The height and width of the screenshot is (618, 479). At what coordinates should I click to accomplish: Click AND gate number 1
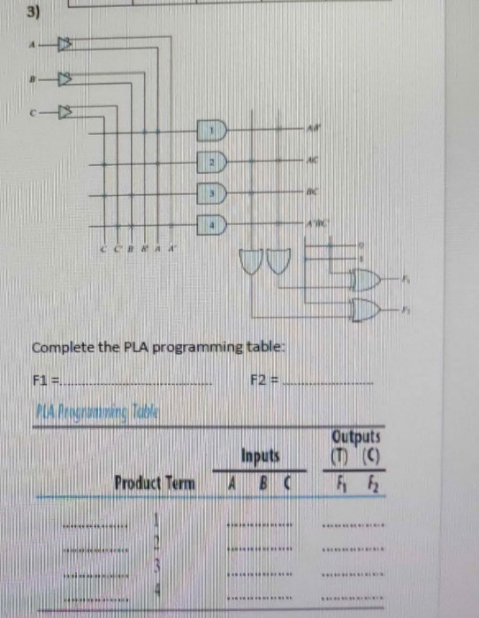[x=214, y=131]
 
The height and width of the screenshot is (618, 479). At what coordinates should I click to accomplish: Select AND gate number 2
[x=214, y=163]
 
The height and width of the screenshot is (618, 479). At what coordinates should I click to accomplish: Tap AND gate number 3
[x=214, y=192]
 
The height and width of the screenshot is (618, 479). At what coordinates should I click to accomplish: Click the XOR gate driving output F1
[x=364, y=282]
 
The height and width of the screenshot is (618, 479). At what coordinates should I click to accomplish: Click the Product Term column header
[x=155, y=484]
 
